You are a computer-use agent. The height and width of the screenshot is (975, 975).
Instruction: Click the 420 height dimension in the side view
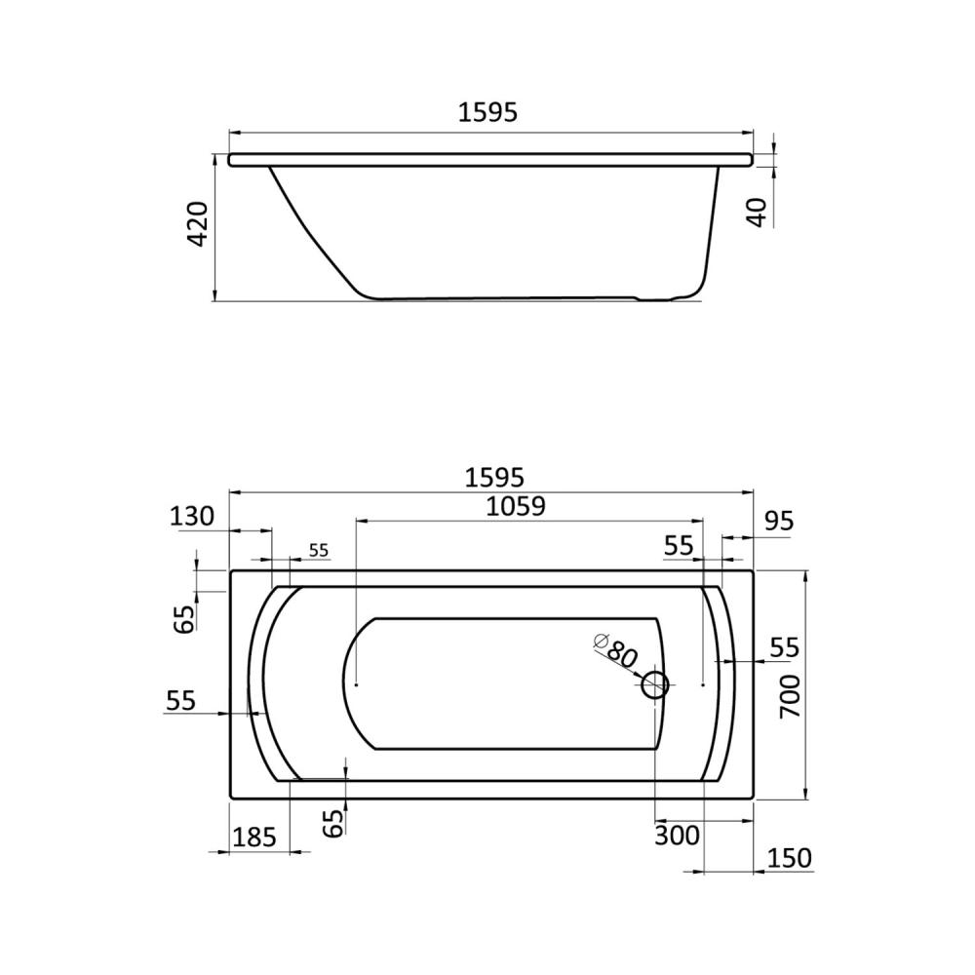pyautogui.click(x=198, y=224)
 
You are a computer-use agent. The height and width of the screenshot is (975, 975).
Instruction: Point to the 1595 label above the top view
pyautogui.click(x=494, y=478)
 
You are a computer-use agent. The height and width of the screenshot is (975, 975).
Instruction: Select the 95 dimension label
pyautogui.click(x=779, y=522)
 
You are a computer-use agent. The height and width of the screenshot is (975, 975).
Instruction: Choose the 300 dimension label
pyautogui.click(x=678, y=836)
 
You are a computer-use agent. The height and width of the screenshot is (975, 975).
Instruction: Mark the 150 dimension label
pyautogui.click(x=789, y=858)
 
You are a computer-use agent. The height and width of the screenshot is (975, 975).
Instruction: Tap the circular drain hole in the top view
pyautogui.click(x=654, y=685)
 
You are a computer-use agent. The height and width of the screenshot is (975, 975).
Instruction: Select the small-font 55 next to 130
pyautogui.click(x=318, y=551)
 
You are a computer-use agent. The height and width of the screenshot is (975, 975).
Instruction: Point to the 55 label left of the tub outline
pyautogui.click(x=181, y=700)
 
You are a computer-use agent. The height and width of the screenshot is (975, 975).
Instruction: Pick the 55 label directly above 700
pyautogui.click(x=784, y=646)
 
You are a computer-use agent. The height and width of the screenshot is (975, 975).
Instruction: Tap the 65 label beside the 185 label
pyautogui.click(x=333, y=822)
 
